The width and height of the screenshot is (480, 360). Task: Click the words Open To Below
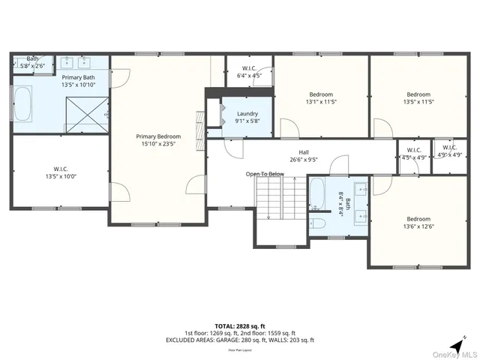[x=265, y=174]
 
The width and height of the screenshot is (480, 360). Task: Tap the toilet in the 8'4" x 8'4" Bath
[x=318, y=223]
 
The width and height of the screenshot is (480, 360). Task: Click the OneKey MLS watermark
[x=452, y=354]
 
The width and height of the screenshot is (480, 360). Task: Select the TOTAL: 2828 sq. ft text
[x=239, y=326]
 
